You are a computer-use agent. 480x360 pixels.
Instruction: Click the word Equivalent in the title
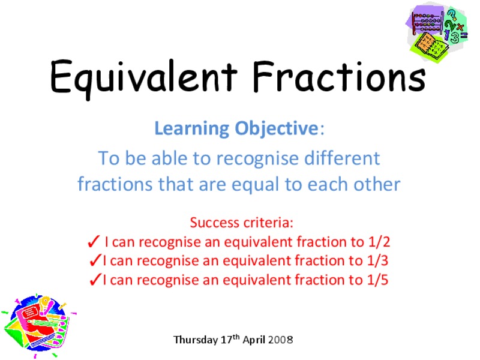point(144,77)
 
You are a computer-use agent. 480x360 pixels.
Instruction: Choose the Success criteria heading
point(242,223)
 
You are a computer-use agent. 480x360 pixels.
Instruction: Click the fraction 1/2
point(378,242)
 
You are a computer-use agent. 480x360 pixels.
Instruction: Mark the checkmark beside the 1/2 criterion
point(94,242)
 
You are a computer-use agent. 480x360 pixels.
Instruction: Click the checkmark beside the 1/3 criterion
point(94,260)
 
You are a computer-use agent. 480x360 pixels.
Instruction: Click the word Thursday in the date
point(195,340)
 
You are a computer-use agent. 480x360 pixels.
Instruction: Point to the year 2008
point(281,340)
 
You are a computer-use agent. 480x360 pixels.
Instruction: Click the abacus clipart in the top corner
point(439,30)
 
